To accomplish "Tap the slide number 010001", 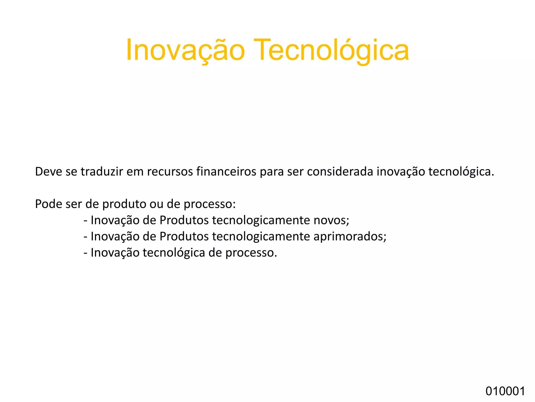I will pos(505,392).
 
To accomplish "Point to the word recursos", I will pos(170,172).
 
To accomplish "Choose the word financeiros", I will pos(226,172).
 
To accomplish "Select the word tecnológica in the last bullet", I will pos(174,253).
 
